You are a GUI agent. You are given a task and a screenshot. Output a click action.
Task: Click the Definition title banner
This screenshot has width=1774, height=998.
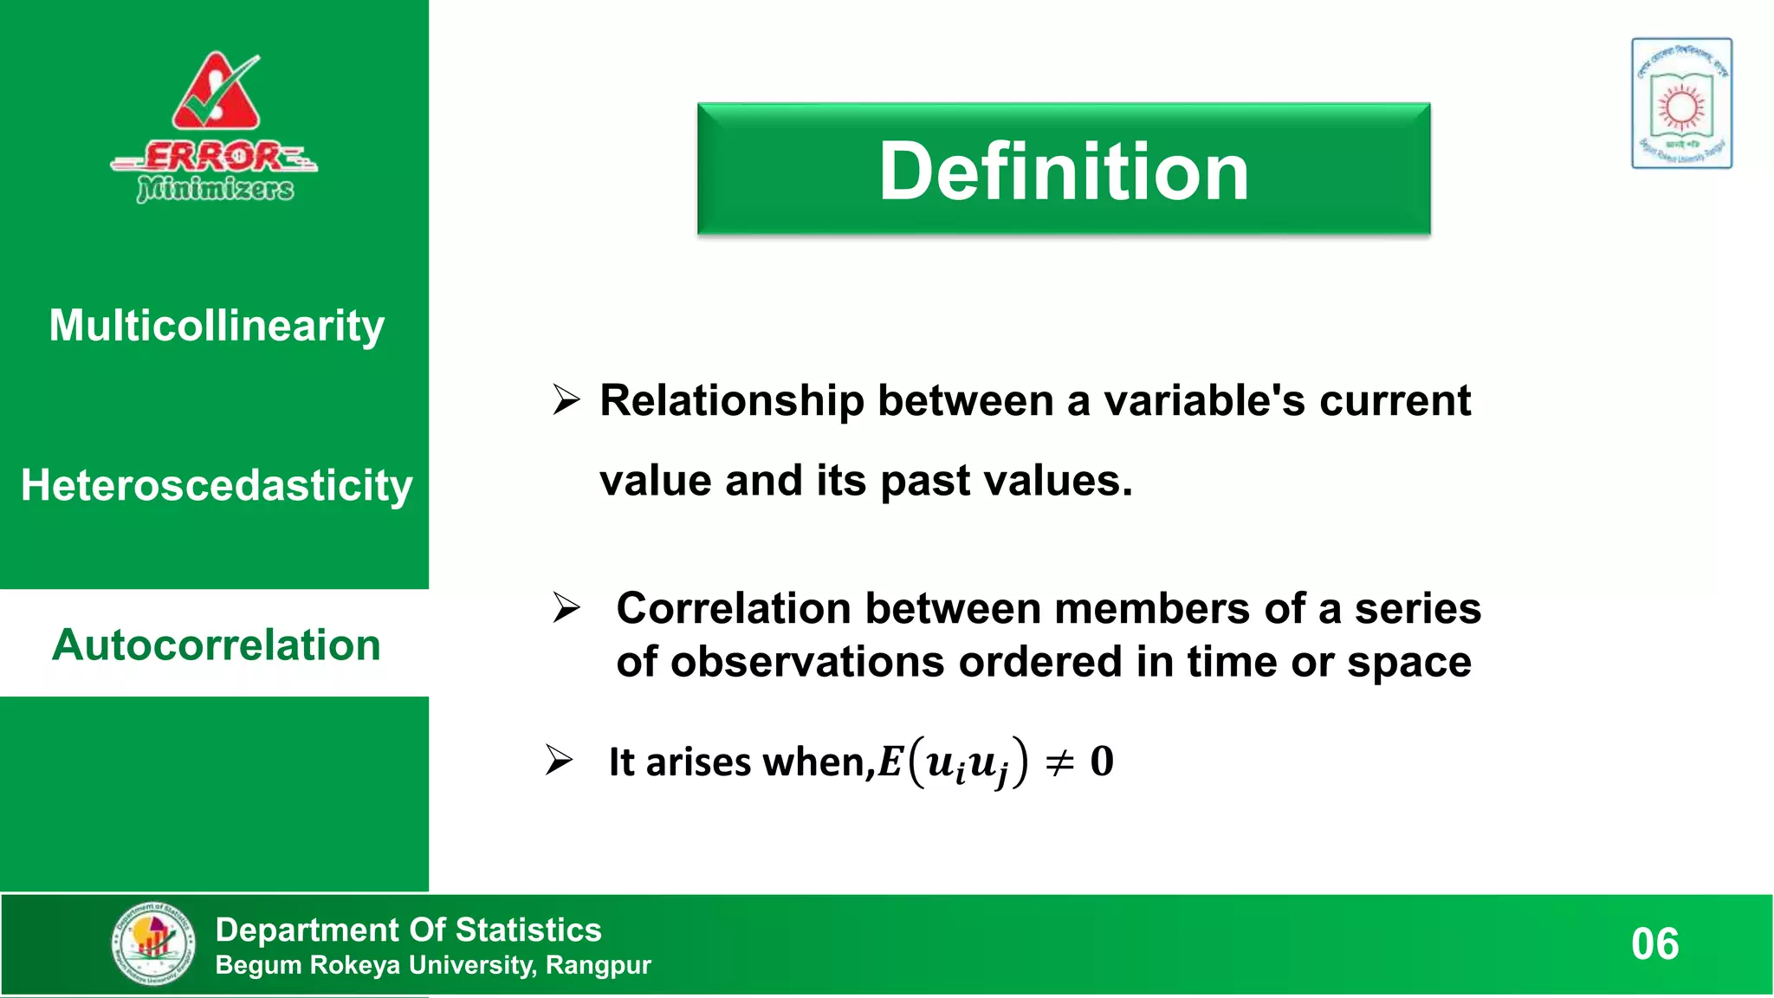[x=1064, y=170]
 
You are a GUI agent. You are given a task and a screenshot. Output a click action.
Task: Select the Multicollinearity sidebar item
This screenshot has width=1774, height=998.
[x=216, y=326]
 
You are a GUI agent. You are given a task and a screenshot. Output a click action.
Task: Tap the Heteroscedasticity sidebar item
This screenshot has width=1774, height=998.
[x=216, y=485]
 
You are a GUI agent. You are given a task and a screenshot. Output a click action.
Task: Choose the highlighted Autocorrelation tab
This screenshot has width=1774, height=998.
[x=216, y=645]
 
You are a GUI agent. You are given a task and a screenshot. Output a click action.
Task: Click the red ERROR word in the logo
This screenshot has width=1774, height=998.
[x=213, y=157]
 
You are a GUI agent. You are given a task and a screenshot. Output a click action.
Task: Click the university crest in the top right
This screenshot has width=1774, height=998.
[x=1681, y=103]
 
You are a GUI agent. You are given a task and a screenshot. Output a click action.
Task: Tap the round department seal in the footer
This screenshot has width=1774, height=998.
[x=153, y=943]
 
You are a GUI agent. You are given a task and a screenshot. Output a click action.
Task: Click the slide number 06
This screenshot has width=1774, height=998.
[x=1654, y=944]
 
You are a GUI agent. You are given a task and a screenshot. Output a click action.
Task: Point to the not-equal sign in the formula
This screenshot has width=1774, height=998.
[x=1059, y=762]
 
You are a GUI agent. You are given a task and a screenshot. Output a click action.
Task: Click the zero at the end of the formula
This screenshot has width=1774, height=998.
[x=1102, y=761]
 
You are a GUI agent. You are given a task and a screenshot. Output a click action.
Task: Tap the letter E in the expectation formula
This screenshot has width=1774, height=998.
[x=890, y=762]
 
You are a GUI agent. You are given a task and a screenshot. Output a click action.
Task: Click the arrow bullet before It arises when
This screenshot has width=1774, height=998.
[x=560, y=761]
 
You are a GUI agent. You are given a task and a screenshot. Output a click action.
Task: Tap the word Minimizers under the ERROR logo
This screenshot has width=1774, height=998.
[x=216, y=188]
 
